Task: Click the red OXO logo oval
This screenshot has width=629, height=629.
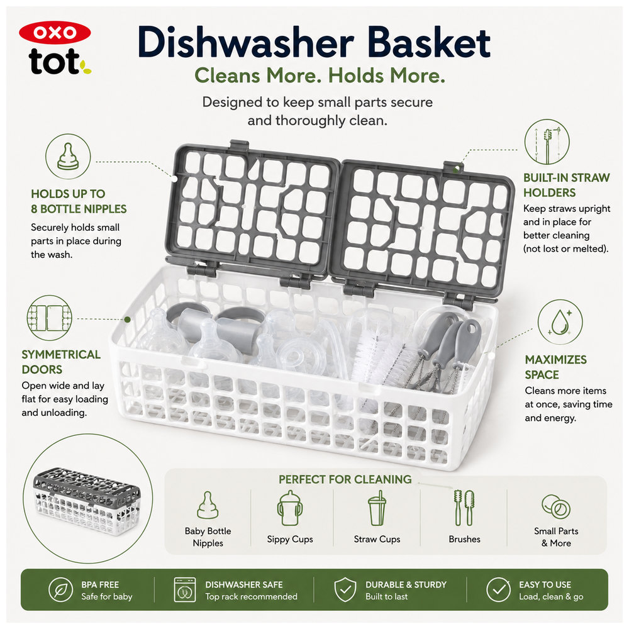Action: coord(55,33)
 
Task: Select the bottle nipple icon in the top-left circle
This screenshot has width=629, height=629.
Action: coord(68,156)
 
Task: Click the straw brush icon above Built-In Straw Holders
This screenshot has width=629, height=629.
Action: coord(547,142)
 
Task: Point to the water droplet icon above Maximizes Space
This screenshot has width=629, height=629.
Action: coord(560,321)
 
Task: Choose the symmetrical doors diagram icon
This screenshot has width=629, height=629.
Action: coord(49,318)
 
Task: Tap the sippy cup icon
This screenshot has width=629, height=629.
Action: coord(289,508)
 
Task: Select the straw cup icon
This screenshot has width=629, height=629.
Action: coord(377,508)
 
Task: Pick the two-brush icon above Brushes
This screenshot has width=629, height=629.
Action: coord(465,508)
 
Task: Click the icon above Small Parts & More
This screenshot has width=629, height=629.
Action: coord(556,506)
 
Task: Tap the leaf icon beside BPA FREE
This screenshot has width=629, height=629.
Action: coord(60,590)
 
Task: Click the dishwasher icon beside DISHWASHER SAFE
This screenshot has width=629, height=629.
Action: coord(185,590)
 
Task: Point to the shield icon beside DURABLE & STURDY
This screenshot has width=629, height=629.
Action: coord(345,590)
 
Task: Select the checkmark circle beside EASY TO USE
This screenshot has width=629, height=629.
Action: coord(498,590)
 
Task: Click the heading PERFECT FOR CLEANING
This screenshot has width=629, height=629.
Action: coord(345,479)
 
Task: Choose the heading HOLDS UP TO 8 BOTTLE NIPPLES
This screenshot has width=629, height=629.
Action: coord(79,201)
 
